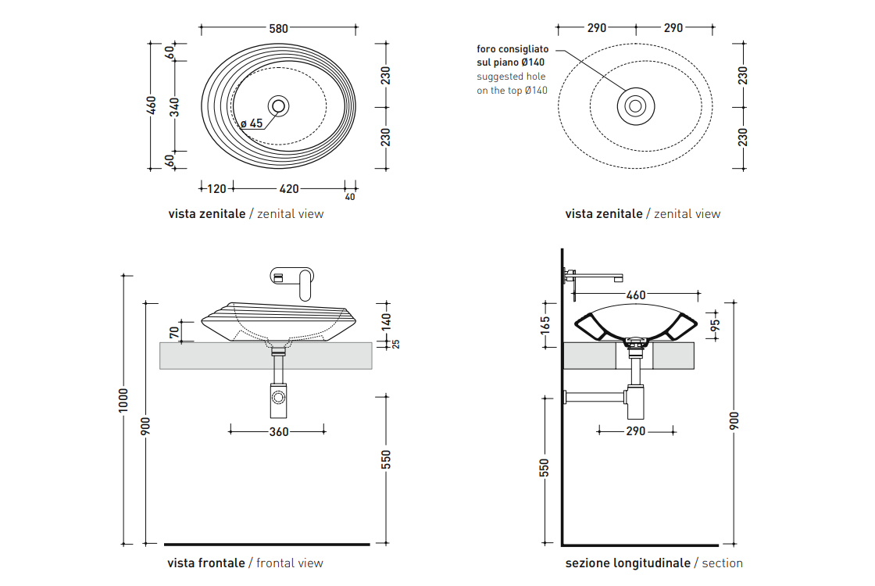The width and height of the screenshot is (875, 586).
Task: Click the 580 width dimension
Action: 278,28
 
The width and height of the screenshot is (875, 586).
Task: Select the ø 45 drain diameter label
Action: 252,123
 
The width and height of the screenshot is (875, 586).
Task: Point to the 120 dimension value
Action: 216,188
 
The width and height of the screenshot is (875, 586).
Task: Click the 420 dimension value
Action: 289,188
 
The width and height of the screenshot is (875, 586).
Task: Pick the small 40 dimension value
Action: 350,197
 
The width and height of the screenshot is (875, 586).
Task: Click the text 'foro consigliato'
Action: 512,48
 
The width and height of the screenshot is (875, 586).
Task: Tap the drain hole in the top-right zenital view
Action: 635,106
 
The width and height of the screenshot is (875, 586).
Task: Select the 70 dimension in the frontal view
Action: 175,331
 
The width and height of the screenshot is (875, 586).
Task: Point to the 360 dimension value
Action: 278,431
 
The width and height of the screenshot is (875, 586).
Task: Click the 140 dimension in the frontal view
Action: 385,320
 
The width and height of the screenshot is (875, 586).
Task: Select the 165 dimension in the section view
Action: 545,322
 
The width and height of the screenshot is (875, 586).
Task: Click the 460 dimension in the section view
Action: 636,295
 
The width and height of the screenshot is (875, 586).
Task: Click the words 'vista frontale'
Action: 206,563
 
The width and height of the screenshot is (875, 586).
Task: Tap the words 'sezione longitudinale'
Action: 627,563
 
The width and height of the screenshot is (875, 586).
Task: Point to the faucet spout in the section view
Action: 598,275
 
